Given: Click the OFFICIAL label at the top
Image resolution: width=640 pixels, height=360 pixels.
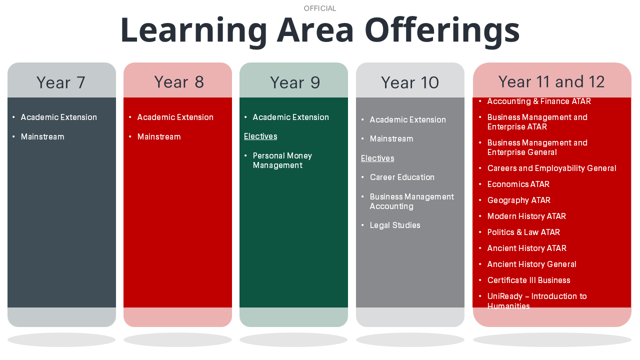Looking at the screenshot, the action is [319, 8].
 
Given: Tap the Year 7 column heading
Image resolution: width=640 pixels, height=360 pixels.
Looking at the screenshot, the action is [61, 82].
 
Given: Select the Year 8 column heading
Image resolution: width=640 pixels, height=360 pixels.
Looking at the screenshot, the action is [179, 82].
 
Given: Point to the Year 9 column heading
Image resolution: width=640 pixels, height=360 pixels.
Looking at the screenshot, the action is [295, 82].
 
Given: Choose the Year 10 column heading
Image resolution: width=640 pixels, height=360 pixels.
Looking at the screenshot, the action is [410, 82].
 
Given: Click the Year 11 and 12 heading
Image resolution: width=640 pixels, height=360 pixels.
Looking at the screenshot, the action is [551, 81].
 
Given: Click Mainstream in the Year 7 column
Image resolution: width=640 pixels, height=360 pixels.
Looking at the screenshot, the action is [42, 137].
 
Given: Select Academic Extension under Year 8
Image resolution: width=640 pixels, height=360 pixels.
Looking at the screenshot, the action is [175, 117].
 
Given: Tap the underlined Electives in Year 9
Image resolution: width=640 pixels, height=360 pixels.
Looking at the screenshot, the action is [260, 136].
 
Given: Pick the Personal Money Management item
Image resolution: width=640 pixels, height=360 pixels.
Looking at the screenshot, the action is [282, 160].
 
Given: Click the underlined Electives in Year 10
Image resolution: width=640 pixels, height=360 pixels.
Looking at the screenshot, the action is [377, 158].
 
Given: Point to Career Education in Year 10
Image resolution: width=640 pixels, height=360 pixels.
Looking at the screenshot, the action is [402, 177].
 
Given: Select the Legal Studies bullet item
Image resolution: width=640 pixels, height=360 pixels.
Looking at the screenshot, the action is [395, 225].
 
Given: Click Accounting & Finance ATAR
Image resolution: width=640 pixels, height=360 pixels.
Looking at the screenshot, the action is [539, 101].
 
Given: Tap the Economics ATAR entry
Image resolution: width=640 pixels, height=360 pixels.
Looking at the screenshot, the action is [518, 184].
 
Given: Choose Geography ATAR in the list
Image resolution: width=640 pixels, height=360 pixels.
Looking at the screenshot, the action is [519, 200].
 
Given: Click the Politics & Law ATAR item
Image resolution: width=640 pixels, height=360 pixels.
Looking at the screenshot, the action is [523, 232].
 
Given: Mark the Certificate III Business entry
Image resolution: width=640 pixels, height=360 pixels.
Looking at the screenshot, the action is [528, 280].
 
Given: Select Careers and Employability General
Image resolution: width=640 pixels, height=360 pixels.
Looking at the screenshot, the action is [551, 168].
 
